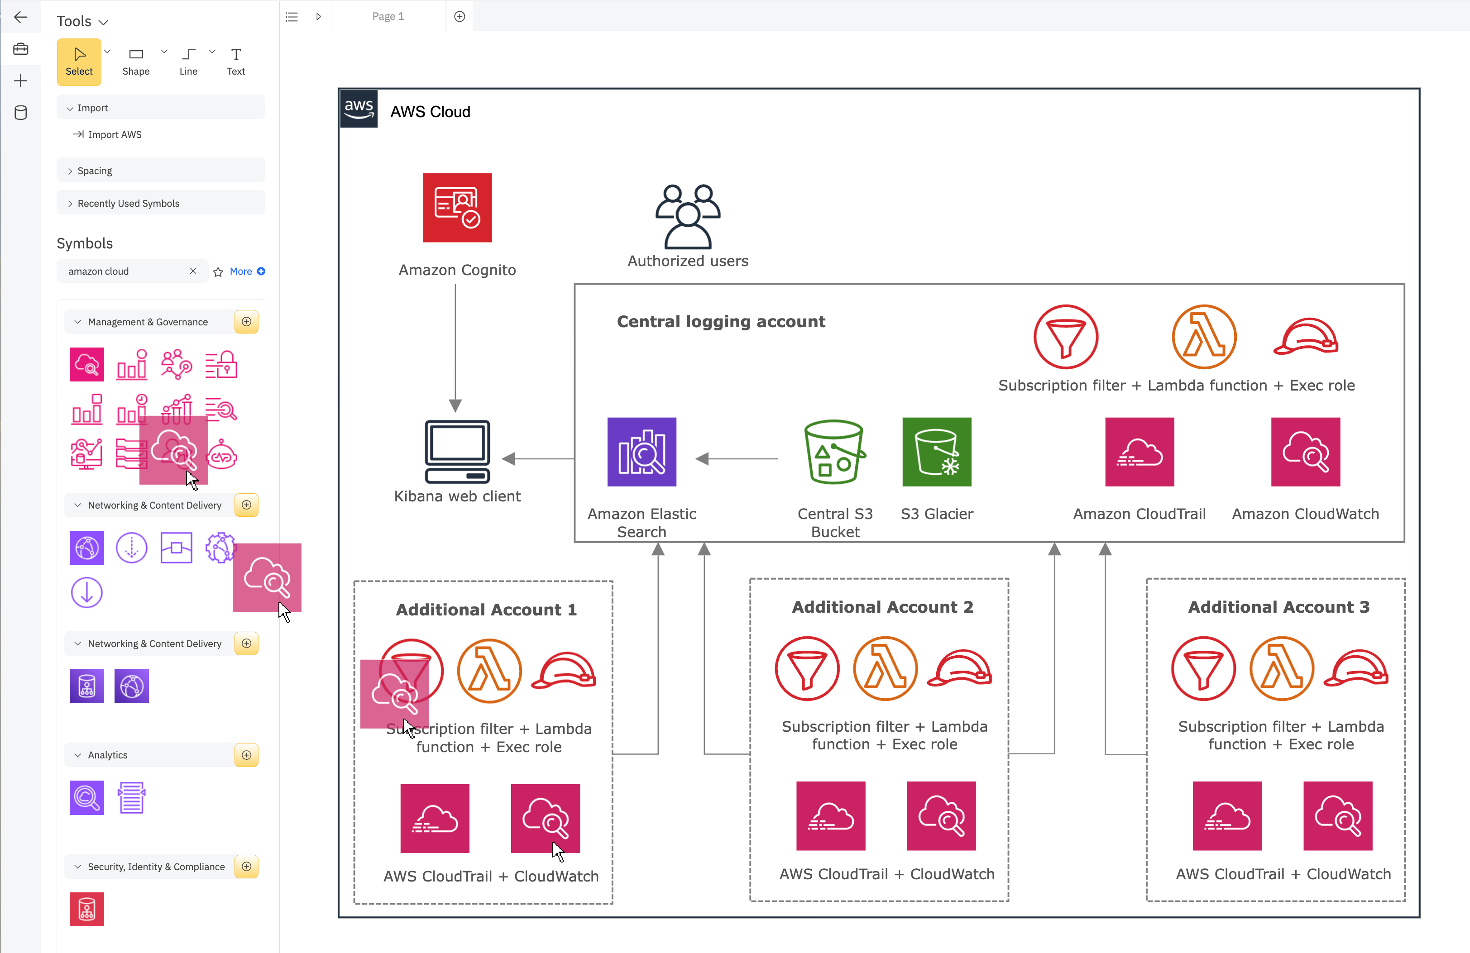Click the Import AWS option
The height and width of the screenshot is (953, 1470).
114,134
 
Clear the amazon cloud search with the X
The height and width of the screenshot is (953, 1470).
193,271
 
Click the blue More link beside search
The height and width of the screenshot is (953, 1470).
241,272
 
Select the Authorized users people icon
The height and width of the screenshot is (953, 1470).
687,216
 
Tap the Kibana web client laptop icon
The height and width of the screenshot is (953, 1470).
457,452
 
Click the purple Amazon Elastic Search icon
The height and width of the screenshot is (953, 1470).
642,452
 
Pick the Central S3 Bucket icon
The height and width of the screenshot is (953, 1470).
834,452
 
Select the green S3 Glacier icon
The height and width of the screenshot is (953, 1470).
936,452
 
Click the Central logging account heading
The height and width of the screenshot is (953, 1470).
721,322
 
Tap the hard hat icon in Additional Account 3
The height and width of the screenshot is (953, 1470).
1356,668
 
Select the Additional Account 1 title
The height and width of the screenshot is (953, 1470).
486,610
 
